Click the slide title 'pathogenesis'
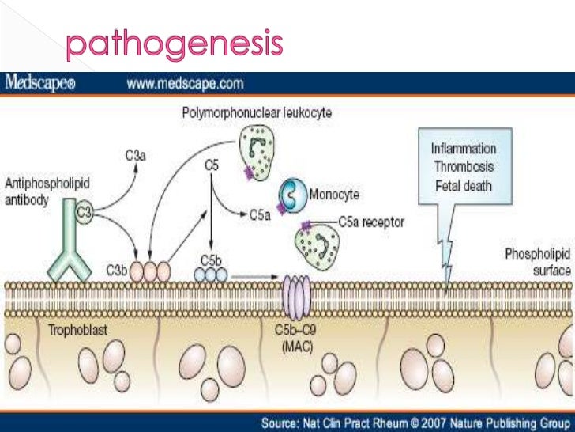point(174,45)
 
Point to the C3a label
point(135,156)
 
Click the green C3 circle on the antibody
point(84,211)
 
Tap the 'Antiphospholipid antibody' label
point(47,191)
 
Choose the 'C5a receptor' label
point(370,223)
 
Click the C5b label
point(210,259)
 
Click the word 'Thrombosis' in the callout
point(463,168)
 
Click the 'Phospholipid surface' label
point(538,263)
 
